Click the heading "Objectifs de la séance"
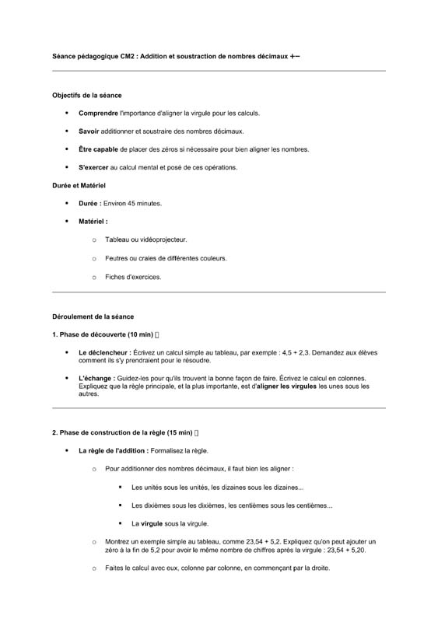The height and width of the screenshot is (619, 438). point(86,95)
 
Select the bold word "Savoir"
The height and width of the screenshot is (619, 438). point(89,131)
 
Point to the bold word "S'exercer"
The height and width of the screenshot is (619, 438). point(93,167)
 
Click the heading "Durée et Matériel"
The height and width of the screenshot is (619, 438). point(79,186)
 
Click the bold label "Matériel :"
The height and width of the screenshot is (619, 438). point(93,222)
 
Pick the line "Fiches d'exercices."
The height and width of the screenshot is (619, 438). point(133,276)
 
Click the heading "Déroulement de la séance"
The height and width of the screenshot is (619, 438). point(93,316)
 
